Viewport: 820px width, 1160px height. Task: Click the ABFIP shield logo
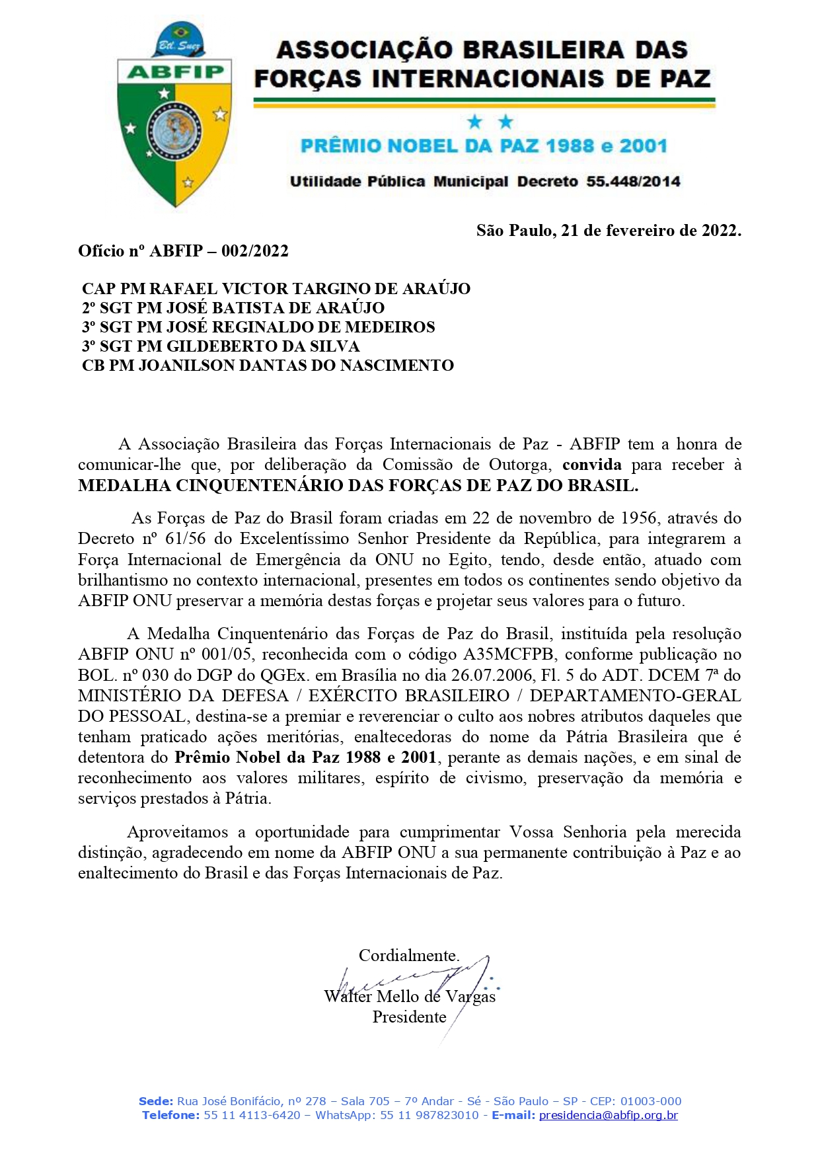pos(174,119)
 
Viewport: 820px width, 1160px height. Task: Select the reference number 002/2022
pos(255,251)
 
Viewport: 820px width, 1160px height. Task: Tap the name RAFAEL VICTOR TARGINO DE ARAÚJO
pos(310,289)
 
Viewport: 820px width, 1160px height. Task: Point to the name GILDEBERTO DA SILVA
pos(263,346)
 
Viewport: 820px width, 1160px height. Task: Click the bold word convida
pos(591,465)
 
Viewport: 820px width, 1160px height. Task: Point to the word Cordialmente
pos(409,956)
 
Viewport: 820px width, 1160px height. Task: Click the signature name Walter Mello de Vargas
pos(410,997)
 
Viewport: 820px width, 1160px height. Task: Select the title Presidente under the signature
pos(409,1017)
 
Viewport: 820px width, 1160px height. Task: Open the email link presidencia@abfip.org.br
pos(609,1115)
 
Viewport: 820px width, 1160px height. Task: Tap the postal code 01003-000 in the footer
pos(652,1101)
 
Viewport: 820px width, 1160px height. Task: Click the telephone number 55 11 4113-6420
pos(252,1115)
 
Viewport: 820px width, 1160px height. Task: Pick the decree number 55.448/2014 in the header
pos(633,182)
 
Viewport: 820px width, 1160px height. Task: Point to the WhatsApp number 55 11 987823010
pos(429,1115)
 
